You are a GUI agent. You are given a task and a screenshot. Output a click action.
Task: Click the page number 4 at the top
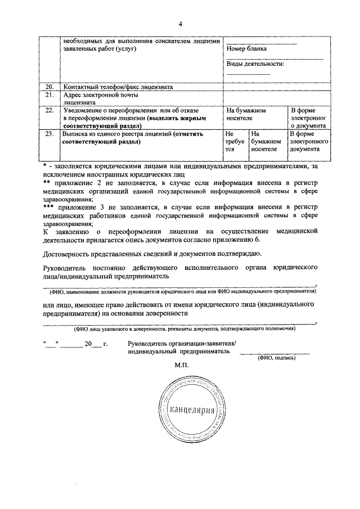coord(180,24)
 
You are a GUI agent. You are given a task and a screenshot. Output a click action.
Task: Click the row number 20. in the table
coord(49,87)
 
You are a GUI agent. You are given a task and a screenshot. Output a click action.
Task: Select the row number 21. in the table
coord(49,95)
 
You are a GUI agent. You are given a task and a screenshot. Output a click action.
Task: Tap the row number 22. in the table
coord(49,111)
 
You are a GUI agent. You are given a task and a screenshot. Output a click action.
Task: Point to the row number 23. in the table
coord(49,134)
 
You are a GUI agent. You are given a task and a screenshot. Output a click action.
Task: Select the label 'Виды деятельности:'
coord(255,64)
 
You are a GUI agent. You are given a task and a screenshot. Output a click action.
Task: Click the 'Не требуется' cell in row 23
coord(232,142)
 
